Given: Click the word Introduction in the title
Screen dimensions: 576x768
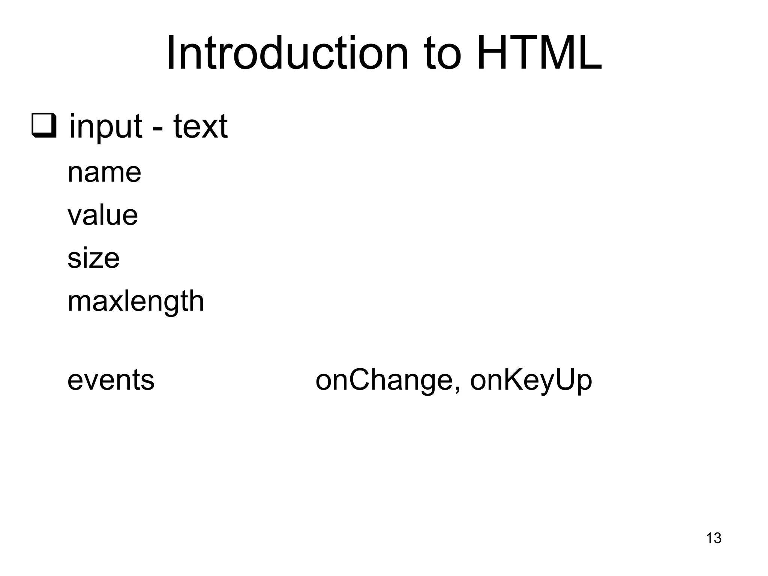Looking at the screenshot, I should (287, 53).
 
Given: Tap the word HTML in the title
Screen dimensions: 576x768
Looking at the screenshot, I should (539, 53).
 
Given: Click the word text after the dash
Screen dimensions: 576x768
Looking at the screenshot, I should (200, 127).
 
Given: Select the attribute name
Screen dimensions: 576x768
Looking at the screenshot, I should (104, 173).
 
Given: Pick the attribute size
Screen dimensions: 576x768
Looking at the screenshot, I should (93, 258).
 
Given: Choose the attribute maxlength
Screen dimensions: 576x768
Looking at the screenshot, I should (136, 301).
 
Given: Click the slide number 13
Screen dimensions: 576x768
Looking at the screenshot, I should (714, 538).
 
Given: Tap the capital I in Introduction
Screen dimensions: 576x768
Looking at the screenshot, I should (171, 53).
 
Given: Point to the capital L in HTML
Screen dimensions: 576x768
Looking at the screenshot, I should (589, 53).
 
